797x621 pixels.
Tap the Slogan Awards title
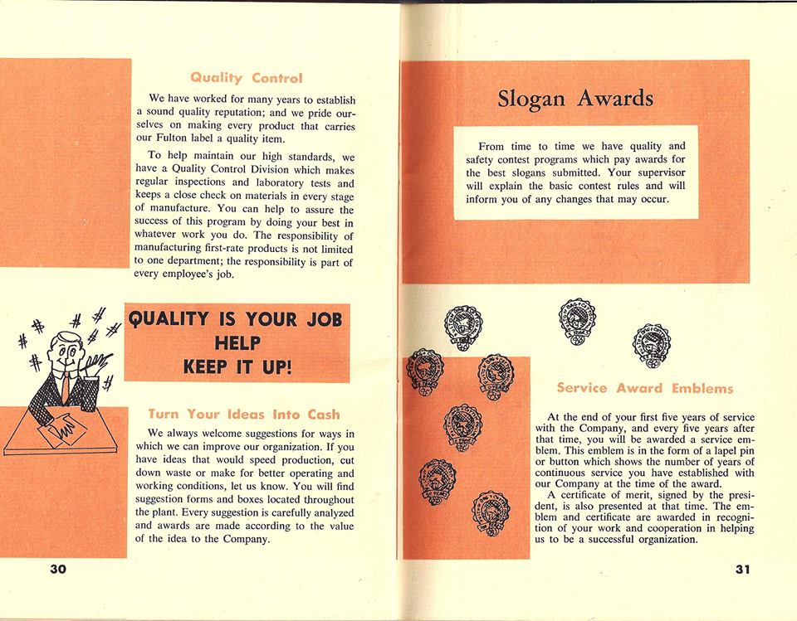coord(575,99)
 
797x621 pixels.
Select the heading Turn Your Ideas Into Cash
coord(243,413)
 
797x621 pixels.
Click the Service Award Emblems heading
coord(644,387)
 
